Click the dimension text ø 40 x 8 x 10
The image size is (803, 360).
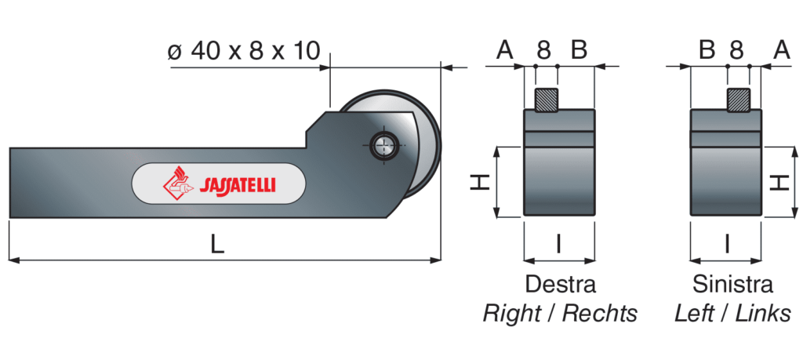point(244,52)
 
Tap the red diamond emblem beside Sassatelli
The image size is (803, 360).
point(176,184)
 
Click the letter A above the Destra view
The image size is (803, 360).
point(504,52)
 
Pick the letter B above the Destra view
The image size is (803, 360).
point(579,52)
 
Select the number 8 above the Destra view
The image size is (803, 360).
point(543,52)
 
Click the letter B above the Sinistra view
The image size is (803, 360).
point(707,52)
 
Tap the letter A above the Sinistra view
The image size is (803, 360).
point(781,52)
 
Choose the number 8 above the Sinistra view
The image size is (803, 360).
point(736,52)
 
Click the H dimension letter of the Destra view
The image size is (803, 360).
point(481,182)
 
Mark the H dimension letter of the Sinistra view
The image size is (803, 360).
point(779,182)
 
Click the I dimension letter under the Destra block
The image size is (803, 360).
point(558,245)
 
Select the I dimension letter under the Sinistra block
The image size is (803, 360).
point(727,245)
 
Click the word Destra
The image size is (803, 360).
point(560,284)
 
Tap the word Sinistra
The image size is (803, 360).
point(732,284)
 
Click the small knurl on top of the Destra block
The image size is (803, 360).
point(546,100)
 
